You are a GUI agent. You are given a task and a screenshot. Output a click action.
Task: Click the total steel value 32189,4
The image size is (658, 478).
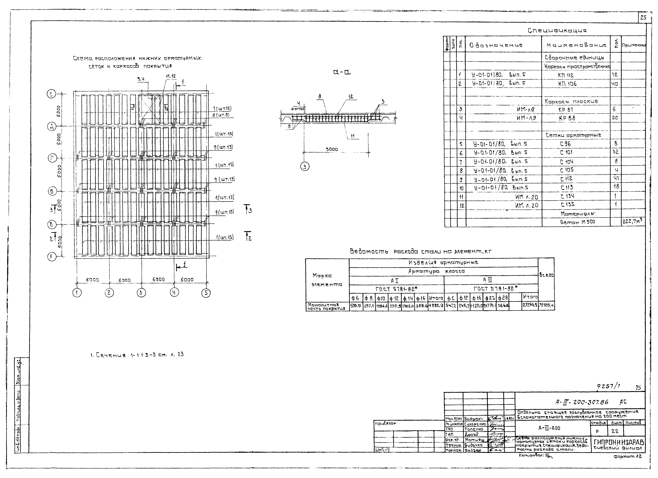click(x=546, y=305)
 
